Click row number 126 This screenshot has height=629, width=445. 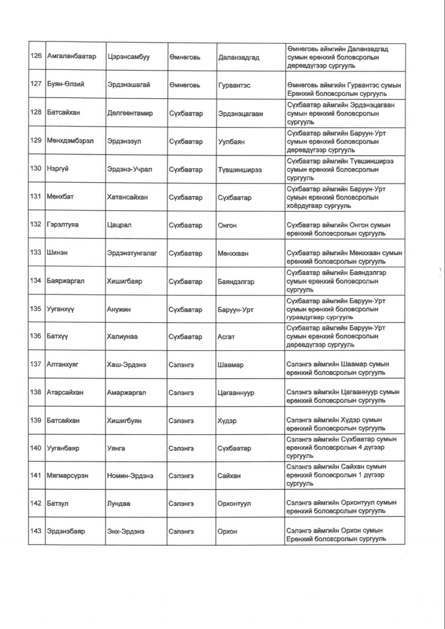pos(36,56)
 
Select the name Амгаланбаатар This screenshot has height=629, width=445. pos(72,56)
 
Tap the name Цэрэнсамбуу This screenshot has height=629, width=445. pos(128,57)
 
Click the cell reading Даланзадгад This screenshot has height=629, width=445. pos(239,57)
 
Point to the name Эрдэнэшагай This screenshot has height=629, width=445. pos(129,85)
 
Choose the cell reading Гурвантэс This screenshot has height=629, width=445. pos(234,85)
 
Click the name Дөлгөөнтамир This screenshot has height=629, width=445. pos(130,113)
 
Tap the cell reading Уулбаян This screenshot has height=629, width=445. pos(231,142)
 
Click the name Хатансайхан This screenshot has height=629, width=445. pos(127,197)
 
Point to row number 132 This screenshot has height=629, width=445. pos(36,224)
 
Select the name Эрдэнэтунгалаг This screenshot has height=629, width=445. pos(132,253)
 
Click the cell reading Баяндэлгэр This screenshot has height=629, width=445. pos(236,282)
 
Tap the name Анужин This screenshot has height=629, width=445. pos(119,309)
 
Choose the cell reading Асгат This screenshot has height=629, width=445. pos(226,337)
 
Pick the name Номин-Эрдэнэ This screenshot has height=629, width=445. pos(130,475)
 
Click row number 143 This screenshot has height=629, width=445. pos(36,531)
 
